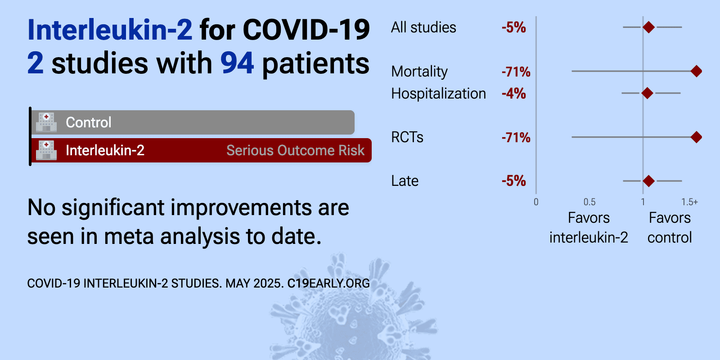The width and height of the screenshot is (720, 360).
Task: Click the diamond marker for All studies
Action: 648,27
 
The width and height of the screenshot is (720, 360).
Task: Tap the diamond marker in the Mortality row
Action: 696,71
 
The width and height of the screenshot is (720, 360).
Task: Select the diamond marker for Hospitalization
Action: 647,93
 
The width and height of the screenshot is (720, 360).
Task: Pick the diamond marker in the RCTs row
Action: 696,137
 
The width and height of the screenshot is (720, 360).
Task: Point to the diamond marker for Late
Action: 648,181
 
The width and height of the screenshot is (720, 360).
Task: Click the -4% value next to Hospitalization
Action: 513,94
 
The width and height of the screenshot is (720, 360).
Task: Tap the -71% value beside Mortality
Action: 516,72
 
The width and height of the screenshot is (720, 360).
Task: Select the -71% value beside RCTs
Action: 516,138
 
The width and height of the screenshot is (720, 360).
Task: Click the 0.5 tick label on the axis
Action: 589,202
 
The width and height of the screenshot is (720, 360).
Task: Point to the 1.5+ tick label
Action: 689,202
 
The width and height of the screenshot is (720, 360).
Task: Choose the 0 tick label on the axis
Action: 536,202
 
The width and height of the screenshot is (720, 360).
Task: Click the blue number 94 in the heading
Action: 237,63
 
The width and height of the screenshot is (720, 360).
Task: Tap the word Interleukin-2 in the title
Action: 110,30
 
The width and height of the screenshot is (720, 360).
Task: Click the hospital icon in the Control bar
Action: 46,122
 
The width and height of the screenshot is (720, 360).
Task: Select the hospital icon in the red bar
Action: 46,150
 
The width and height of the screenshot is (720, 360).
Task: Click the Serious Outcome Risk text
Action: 295,150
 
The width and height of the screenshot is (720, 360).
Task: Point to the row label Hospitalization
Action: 438,94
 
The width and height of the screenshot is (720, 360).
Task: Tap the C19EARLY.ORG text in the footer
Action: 328,283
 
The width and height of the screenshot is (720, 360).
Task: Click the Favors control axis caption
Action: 670,228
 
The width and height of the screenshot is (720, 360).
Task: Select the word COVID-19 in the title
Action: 306,30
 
